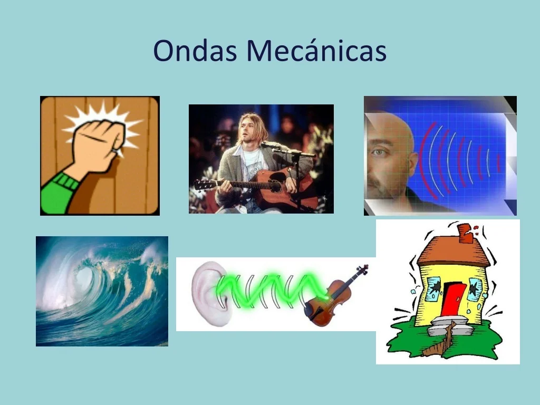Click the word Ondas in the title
[x=195, y=51]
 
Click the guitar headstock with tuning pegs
[x=203, y=185]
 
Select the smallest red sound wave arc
[x=498, y=163]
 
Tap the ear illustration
[x=209, y=293]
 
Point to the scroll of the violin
[x=363, y=269]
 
